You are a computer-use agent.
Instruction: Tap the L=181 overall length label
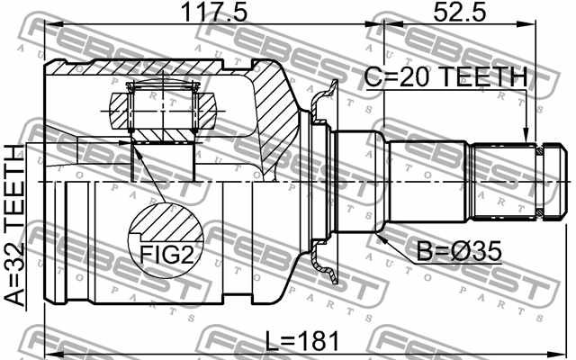pyautogui.click(x=303, y=341)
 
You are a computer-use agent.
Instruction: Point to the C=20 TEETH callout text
pyautogui.click(x=445, y=78)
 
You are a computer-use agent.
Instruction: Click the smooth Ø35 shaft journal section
pyautogui.click(x=360, y=181)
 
